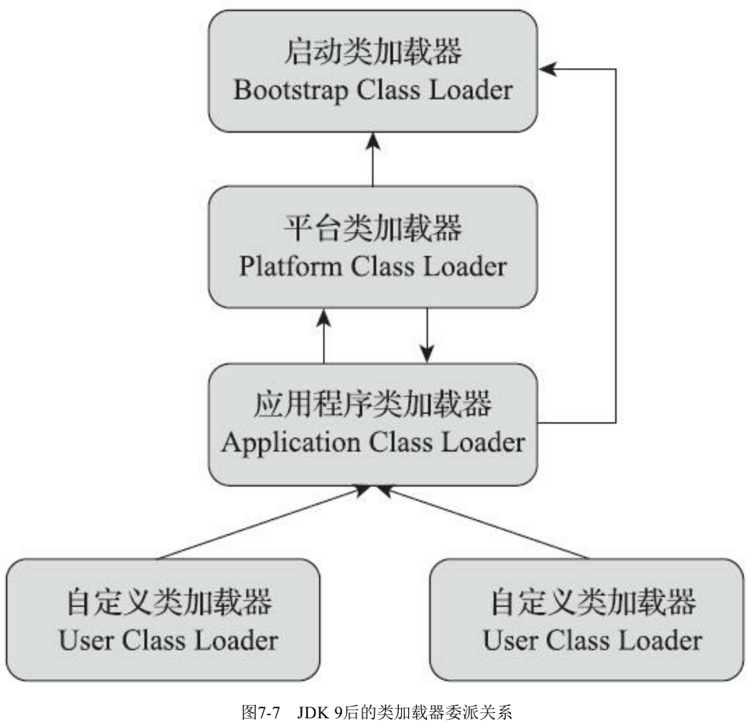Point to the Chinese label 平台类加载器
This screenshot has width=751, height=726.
pyautogui.click(x=373, y=228)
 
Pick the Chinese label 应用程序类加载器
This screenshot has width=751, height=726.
pyautogui.click(x=373, y=404)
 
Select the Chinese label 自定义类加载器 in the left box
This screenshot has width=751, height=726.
pyautogui.click(x=169, y=601)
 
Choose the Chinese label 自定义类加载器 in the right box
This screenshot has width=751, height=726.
pyautogui.click(x=593, y=601)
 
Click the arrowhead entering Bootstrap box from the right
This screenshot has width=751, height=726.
pyautogui.click(x=546, y=69)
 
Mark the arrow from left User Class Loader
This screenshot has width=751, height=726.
pyautogui.click(x=260, y=523)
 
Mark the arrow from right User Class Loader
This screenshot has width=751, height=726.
pyautogui.click(x=482, y=523)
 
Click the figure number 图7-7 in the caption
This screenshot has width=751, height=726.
pyautogui.click(x=260, y=712)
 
